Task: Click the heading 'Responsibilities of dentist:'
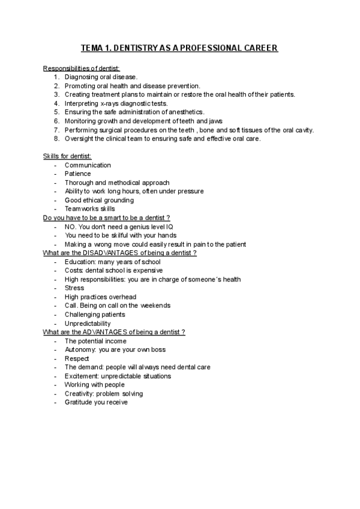coord(82,68)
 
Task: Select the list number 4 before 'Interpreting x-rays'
coord(56,103)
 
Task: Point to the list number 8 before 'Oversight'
coord(56,138)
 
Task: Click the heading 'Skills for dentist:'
coord(67,156)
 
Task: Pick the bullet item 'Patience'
coord(78,173)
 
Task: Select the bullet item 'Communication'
coord(88,165)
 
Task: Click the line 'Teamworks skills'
coord(90,209)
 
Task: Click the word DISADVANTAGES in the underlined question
coord(112,253)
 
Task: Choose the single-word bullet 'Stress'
coord(74,288)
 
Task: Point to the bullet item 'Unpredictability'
coord(88,323)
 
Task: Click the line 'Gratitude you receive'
coord(96,402)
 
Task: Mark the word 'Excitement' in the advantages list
coord(82,376)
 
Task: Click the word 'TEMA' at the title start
coord(92,48)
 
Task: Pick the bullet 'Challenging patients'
coord(95,315)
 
